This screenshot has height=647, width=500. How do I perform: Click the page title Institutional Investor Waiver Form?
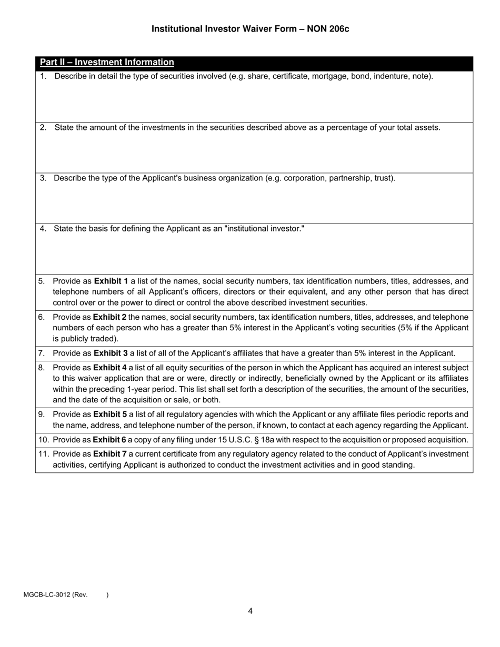(250, 28)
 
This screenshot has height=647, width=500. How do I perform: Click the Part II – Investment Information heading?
(107, 62)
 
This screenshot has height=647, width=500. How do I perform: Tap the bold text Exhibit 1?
(111, 281)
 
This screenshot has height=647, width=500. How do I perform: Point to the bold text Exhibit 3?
(111, 353)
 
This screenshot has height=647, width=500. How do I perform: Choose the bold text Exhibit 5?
(111, 415)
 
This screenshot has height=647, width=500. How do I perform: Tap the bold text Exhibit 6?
(109, 440)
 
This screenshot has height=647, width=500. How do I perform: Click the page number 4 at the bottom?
(250, 611)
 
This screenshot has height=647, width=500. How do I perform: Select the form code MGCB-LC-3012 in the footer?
(47, 595)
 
